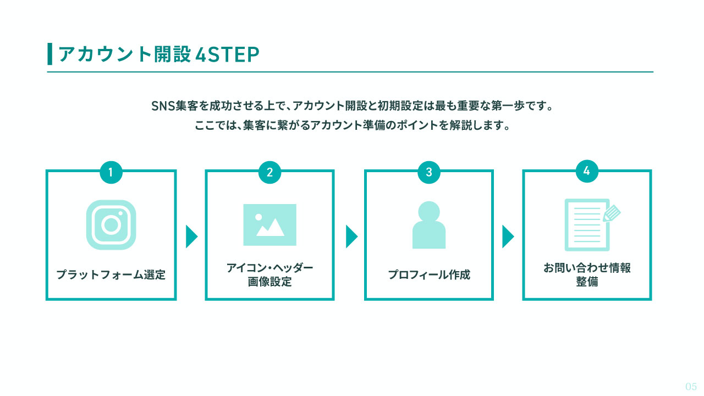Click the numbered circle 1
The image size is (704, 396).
(x=111, y=172)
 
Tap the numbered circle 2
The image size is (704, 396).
(x=269, y=172)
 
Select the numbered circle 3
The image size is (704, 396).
(x=429, y=172)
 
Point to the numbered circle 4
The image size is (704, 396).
(x=587, y=171)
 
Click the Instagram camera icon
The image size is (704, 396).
(x=111, y=225)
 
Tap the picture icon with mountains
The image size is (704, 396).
(x=269, y=225)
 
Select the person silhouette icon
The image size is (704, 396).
(x=429, y=225)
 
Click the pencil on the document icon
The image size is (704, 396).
(x=612, y=213)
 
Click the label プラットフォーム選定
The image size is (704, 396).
(x=111, y=274)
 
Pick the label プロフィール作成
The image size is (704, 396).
(x=429, y=274)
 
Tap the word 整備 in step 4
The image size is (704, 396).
(x=587, y=282)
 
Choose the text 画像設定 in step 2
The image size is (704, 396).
(x=269, y=282)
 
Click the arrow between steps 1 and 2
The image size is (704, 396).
(x=192, y=237)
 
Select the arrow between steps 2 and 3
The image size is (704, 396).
(x=351, y=237)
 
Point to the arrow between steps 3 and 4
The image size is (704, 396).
(x=508, y=237)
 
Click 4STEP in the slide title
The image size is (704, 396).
(x=227, y=54)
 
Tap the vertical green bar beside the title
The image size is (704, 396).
(x=50, y=54)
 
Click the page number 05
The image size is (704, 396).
(x=691, y=387)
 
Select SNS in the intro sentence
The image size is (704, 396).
(x=163, y=106)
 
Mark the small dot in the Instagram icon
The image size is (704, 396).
(x=120, y=213)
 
